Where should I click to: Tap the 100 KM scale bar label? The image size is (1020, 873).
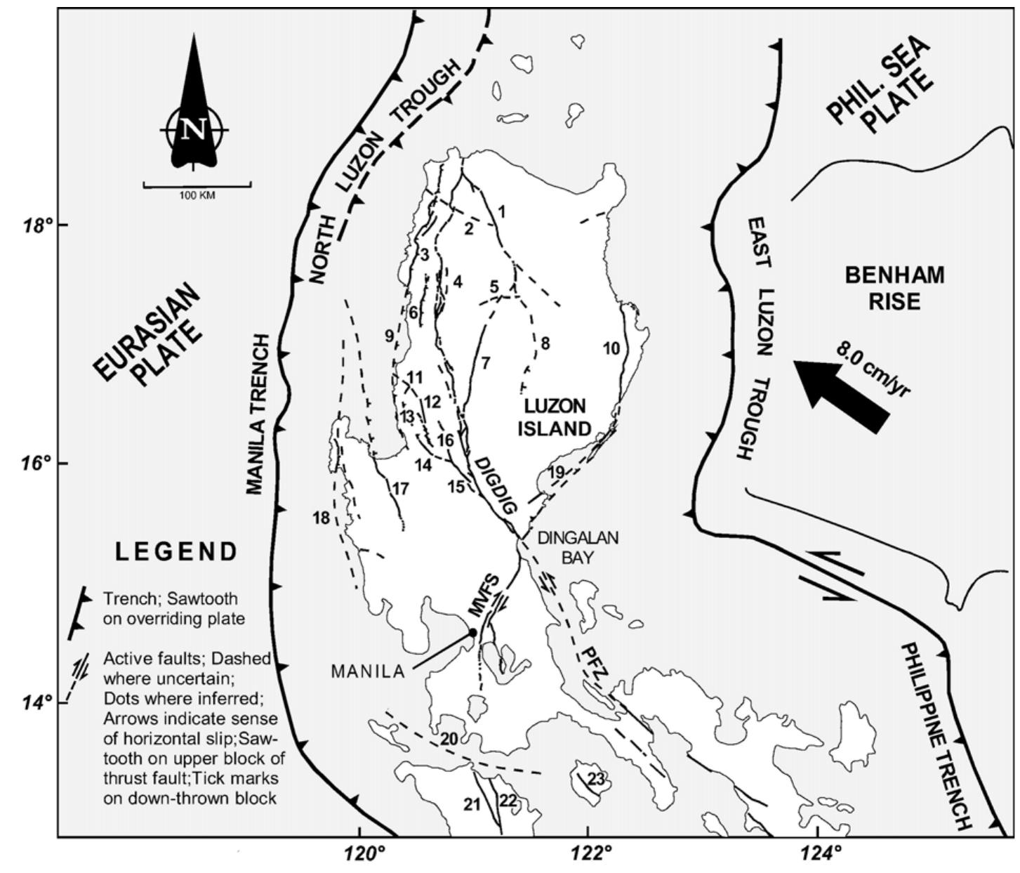197,195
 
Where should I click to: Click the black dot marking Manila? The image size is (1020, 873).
472,633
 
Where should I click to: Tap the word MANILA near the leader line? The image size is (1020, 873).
368,671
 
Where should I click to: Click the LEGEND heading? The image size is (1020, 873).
176,552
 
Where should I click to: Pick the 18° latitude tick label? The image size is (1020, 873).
35,225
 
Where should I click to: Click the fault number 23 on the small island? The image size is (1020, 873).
595,779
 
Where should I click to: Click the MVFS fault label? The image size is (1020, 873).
484,596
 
